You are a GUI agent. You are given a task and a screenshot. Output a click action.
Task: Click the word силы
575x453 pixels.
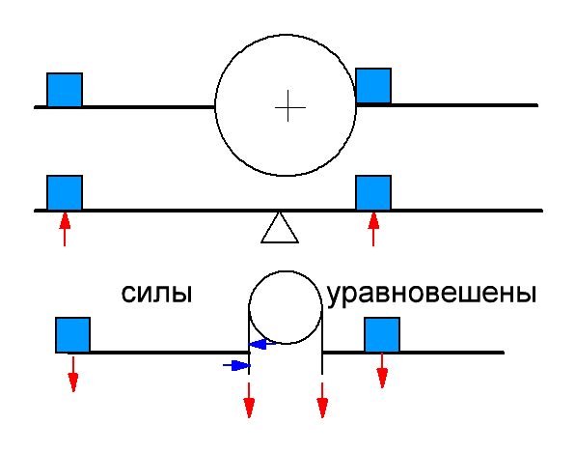click(156, 294)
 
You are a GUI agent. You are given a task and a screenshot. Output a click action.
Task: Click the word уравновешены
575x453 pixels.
click(431, 296)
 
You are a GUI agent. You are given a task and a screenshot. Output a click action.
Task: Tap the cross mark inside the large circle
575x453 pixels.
click(289, 106)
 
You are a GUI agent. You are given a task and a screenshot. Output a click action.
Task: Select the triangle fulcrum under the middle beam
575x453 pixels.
click(280, 228)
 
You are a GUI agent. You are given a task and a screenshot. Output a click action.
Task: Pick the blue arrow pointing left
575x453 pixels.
click(261, 344)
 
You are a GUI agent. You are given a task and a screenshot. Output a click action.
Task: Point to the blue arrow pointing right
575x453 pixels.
click(237, 365)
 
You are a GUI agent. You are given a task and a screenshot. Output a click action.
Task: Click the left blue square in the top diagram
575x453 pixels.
click(65, 90)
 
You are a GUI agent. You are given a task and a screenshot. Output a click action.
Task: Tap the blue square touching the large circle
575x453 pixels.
click(373, 86)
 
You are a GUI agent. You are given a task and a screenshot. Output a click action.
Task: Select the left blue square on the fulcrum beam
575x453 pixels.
click(65, 192)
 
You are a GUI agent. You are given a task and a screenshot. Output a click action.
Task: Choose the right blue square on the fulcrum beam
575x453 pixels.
click(373, 192)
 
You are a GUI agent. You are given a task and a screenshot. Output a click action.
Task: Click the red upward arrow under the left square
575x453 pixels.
click(65, 229)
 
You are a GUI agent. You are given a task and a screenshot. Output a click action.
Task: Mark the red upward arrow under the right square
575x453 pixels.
click(373, 229)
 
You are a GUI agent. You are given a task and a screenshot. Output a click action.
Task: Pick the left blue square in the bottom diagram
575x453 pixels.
click(73, 335)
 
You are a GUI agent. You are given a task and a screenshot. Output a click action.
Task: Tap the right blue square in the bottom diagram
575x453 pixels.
click(382, 335)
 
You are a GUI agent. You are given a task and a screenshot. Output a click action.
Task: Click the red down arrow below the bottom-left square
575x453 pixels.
click(73, 374)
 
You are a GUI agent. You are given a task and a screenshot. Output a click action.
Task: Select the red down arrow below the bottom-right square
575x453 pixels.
click(382, 370)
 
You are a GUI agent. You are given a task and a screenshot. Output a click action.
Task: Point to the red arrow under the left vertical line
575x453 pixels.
click(249, 400)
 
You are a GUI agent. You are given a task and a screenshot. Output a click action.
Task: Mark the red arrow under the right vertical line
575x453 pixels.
click(322, 400)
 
